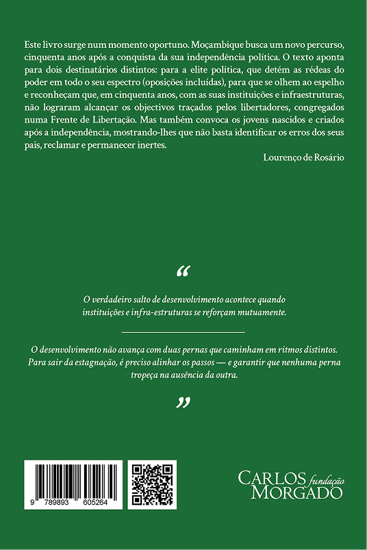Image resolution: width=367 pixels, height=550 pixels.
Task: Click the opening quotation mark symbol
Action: coord(183,272)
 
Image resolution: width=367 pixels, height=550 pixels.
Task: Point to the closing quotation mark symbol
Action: coord(183,403)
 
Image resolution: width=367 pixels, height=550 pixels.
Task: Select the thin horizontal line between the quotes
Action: coord(183,332)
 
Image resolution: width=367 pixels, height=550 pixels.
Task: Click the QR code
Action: coord(152,485)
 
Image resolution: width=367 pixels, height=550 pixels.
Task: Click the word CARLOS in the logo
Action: coord(262,477)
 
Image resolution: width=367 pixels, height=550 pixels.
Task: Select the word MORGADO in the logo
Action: coord(297,492)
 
